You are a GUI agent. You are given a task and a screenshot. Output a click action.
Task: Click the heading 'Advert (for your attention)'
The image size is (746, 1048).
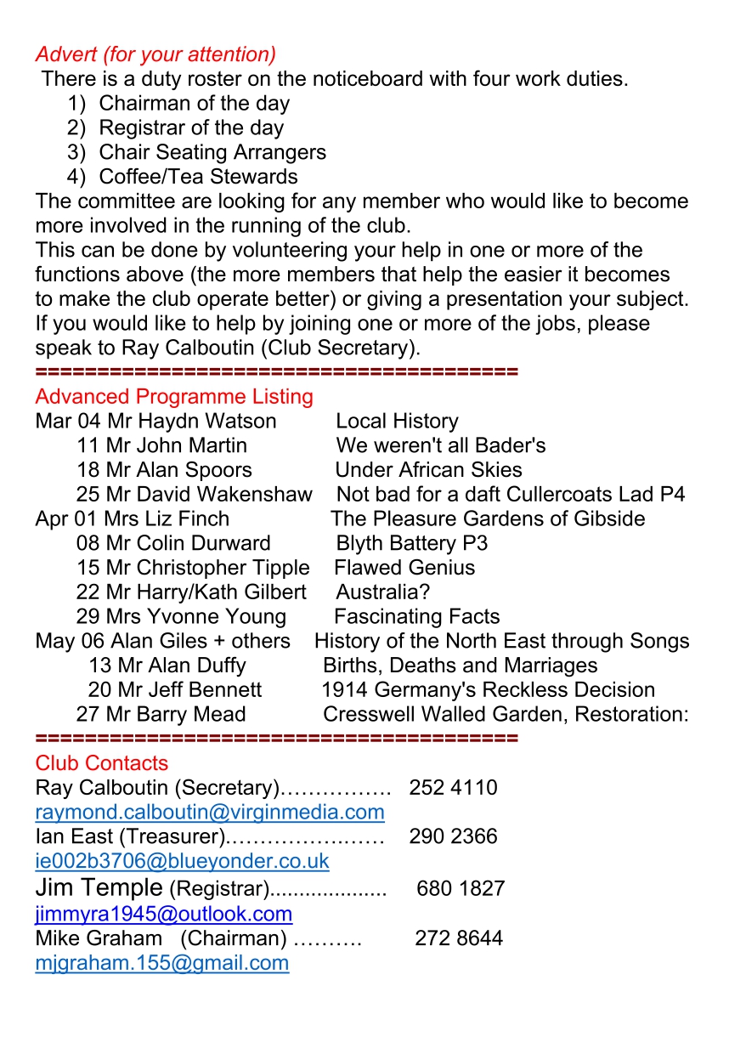pos(155,54)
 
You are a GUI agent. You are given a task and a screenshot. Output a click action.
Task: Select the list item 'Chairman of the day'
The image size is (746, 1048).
pos(194,104)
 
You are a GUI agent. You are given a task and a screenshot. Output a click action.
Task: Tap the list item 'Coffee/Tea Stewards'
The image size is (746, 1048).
pos(198,177)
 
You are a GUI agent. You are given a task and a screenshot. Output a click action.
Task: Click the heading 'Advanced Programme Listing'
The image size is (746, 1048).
pos(174,397)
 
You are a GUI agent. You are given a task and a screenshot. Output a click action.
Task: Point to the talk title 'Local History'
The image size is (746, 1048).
pos(397,422)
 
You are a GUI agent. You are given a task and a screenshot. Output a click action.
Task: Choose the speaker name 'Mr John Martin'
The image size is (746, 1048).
pos(177,445)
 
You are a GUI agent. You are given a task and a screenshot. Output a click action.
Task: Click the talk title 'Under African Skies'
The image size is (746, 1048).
pos(428,470)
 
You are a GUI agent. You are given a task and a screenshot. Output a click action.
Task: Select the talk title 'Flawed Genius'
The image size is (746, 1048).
pos(404,568)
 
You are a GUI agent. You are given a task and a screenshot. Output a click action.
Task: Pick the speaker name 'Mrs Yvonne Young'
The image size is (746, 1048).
pos(195,616)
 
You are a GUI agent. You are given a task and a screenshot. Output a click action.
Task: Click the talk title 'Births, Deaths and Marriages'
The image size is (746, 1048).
pos(460,666)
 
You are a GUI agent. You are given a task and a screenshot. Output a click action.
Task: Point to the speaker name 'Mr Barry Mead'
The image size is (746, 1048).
pos(176,715)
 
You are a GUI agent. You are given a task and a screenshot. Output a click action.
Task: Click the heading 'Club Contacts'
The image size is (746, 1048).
pos(102,763)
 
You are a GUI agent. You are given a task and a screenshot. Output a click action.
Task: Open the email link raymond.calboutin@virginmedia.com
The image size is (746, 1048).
pos(210,812)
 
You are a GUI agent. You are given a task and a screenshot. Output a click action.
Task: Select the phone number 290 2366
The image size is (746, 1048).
pos(453,837)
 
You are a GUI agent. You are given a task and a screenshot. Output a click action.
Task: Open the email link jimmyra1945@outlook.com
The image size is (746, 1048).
pos(164,915)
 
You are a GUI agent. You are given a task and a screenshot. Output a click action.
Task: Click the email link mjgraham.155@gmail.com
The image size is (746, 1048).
pos(161,963)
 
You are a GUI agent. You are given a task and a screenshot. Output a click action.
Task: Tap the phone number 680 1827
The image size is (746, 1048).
pos(461,890)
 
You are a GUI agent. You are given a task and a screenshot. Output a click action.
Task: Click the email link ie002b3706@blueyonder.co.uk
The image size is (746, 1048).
pos(182,861)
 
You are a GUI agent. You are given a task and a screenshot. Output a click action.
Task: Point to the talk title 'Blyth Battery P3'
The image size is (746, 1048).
pos(412,543)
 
